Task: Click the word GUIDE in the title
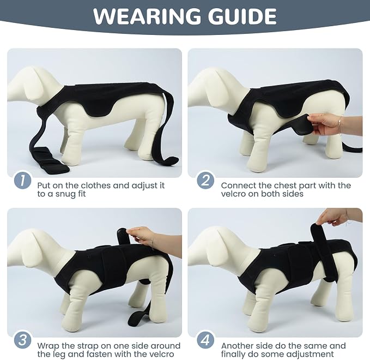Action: (242, 16)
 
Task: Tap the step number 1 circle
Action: (23, 181)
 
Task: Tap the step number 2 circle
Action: (205, 181)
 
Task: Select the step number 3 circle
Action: (23, 340)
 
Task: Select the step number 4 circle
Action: (205, 340)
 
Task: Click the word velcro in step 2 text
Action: (233, 194)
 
